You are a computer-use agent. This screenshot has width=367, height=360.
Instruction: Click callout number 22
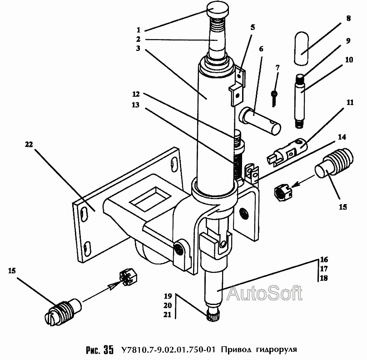tap(29, 145)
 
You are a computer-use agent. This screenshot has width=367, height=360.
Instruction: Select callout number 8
tap(348, 18)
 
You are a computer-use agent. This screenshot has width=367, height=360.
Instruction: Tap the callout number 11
tap(350, 102)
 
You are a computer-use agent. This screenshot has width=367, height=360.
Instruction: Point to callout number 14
tap(342, 137)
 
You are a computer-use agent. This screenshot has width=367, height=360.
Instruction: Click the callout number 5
tap(253, 27)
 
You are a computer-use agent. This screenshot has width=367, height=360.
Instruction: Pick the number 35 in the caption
tap(108, 350)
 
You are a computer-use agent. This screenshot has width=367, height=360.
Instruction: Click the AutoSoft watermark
tap(264, 293)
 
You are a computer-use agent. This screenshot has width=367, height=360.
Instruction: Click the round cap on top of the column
tap(218, 10)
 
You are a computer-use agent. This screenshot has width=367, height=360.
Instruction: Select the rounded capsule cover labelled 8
tap(301, 48)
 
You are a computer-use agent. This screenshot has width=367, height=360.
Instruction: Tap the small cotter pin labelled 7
tap(274, 98)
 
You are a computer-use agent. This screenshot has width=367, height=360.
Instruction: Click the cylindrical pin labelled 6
tap(260, 120)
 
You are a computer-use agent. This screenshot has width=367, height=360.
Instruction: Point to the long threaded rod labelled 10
tap(299, 101)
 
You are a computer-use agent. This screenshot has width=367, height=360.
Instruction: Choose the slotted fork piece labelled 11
tap(287, 152)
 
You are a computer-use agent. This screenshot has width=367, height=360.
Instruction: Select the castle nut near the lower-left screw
tap(128, 277)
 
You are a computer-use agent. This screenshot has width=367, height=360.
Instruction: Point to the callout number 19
tap(168, 296)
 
